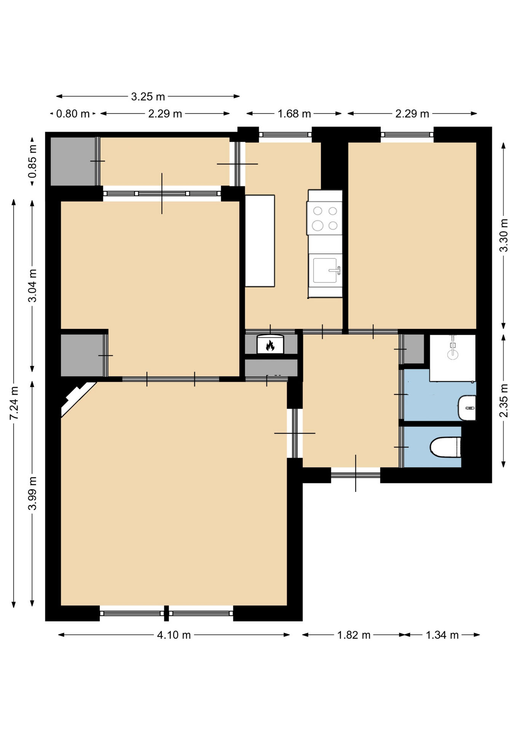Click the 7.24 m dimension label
click(x=14, y=403)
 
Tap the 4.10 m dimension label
click(x=174, y=635)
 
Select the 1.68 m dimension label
click(x=294, y=114)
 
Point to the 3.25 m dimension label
click(x=148, y=97)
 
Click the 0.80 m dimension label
click(x=73, y=114)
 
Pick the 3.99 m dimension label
click(x=33, y=493)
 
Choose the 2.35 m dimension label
click(x=504, y=401)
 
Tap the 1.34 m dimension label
click(x=442, y=635)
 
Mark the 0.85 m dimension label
click(x=33, y=161)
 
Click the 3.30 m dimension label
click(x=504, y=235)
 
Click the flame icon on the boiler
click(x=270, y=345)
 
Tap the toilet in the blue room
click(x=445, y=447)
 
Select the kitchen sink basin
click(x=325, y=270)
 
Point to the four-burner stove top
click(x=324, y=218)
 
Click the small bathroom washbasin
click(x=467, y=408)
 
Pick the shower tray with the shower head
click(x=453, y=358)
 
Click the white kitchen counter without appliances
click(x=260, y=241)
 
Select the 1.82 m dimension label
click(x=354, y=635)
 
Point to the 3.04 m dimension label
click(x=33, y=286)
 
